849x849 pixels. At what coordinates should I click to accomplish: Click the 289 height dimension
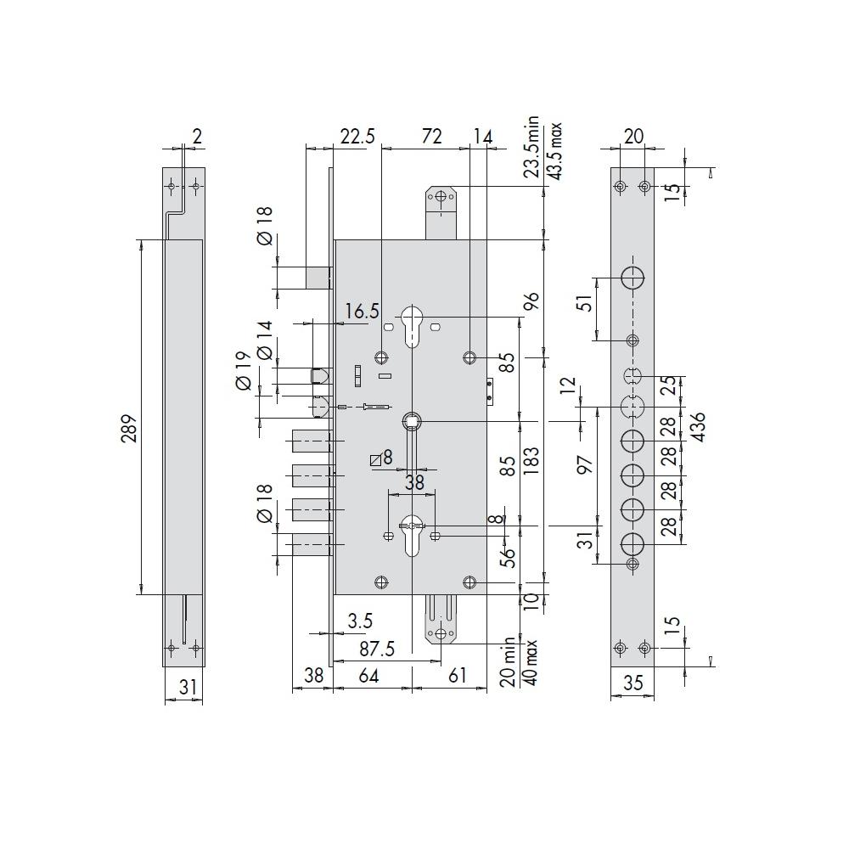[129, 429]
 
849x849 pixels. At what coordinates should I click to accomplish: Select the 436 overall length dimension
[699, 427]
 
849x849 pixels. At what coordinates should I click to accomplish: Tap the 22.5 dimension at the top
[357, 136]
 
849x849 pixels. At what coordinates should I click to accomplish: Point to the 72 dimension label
[431, 136]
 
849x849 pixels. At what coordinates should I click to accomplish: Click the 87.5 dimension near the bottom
[377, 649]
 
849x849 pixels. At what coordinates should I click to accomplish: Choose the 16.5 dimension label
[363, 312]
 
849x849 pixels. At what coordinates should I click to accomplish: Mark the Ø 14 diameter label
[265, 340]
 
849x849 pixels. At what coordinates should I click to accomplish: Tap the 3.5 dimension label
[360, 621]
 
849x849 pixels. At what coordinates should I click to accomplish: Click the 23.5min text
[531, 147]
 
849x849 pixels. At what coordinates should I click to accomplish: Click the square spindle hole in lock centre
[412, 420]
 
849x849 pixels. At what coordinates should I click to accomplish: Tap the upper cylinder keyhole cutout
[412, 326]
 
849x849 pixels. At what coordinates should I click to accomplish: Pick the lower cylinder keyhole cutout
[412, 536]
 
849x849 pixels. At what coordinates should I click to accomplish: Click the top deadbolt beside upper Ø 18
[318, 278]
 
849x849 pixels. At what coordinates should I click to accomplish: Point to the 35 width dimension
[633, 683]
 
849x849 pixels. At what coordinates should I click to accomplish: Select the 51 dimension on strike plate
[585, 303]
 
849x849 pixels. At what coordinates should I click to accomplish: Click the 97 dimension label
[586, 464]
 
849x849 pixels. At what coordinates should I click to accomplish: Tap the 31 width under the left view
[188, 687]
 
